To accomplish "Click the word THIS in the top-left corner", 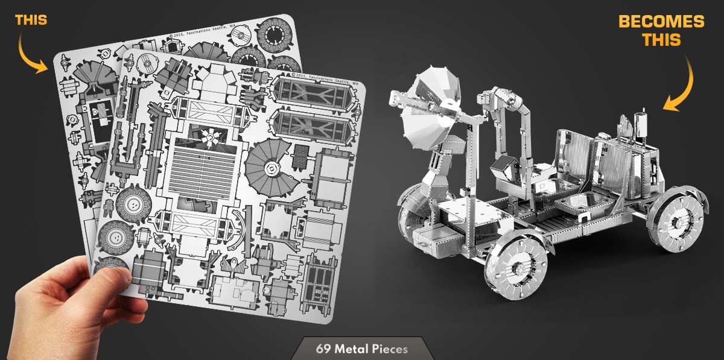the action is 31,20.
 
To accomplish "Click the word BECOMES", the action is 661,22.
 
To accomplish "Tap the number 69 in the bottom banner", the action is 323,349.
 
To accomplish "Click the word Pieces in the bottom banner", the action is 390,349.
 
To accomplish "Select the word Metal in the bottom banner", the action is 352,349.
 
